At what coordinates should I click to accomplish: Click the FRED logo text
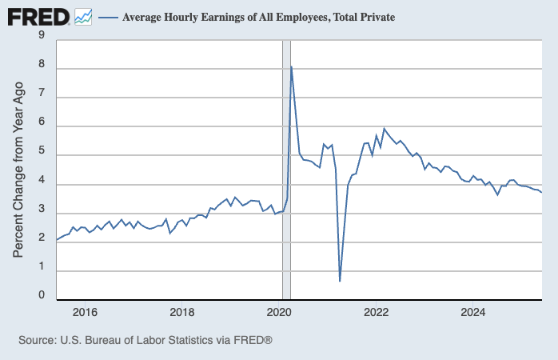38,16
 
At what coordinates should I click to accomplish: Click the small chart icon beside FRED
83,16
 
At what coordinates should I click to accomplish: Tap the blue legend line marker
107,17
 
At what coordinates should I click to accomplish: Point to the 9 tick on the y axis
42,34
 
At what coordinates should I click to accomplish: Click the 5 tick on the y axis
42,154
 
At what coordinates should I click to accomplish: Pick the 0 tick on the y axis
42,295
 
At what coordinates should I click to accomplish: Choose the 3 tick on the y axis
42,213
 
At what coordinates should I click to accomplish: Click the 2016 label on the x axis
85,312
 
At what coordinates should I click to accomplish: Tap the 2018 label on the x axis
182,312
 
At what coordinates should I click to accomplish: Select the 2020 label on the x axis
279,312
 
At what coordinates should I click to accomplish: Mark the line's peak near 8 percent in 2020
291,66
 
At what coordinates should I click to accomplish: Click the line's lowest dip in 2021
340,281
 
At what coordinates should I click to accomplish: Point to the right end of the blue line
542,192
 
